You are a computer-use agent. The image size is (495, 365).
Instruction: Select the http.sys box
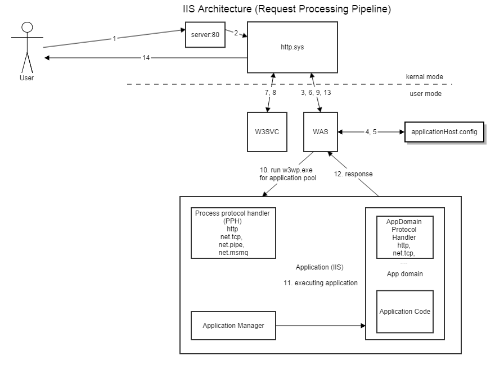[x=292, y=47]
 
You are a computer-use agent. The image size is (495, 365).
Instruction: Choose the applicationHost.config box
[x=444, y=131]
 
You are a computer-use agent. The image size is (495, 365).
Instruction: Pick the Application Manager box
[x=233, y=326]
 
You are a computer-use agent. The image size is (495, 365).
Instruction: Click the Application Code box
[x=404, y=312]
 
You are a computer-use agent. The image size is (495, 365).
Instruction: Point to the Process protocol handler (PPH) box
[x=233, y=233]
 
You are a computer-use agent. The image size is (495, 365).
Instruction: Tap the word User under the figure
[x=26, y=78]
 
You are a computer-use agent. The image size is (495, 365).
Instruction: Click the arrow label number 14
[x=146, y=58]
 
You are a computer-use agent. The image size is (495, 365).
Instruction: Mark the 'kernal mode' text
[x=424, y=76]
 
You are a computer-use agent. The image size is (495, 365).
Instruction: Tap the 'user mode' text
[x=425, y=94]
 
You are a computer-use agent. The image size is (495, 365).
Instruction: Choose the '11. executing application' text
[x=321, y=283]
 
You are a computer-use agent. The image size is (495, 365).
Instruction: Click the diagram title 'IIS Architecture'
[x=287, y=10]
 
